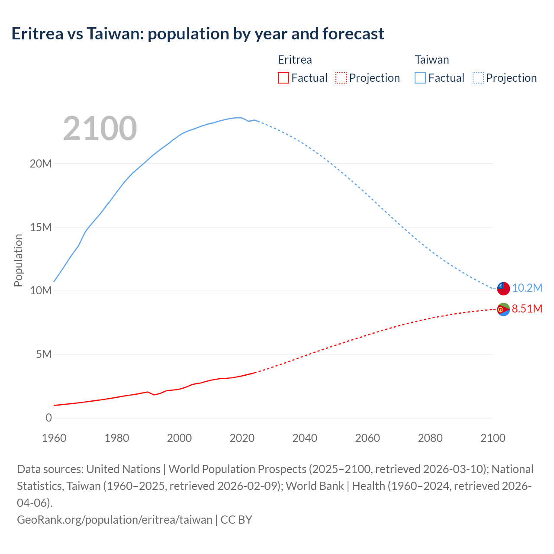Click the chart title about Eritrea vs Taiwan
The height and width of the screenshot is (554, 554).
(198, 34)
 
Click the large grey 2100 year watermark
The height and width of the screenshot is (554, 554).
(100, 129)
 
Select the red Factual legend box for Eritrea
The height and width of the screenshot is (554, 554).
(283, 78)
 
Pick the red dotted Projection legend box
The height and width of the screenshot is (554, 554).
(341, 78)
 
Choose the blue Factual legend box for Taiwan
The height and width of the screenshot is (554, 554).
(420, 78)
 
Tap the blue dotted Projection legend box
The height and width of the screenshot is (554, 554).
(478, 78)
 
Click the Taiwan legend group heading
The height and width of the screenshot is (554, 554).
(432, 60)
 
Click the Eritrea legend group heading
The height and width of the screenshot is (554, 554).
(295, 60)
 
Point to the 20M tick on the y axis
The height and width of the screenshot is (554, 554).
(41, 164)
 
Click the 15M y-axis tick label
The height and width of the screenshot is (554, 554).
(41, 227)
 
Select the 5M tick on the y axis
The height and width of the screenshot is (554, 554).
(43, 354)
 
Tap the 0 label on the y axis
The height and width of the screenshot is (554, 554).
(48, 418)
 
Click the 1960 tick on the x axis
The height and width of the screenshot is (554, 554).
(54, 438)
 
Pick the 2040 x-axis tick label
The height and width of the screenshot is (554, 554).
(305, 438)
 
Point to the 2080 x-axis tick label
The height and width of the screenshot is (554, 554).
(430, 438)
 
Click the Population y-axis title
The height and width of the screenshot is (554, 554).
(18, 260)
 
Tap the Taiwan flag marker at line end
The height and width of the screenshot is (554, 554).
(503, 288)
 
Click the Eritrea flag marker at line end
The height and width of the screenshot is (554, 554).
(503, 309)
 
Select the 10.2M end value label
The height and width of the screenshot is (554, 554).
(527, 288)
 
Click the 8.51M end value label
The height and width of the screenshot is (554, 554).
(527, 309)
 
